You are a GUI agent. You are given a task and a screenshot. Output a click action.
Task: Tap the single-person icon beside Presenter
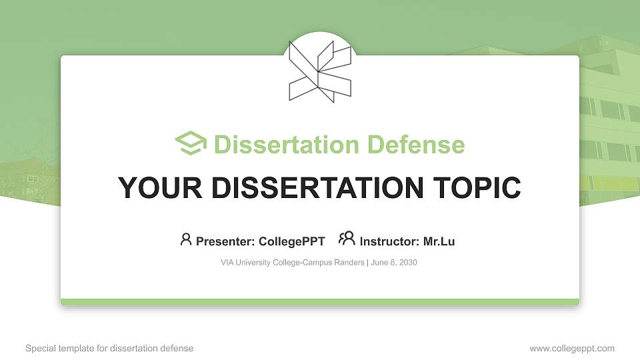pos(186,239)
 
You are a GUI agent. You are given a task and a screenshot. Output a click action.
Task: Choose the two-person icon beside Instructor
pos(347,239)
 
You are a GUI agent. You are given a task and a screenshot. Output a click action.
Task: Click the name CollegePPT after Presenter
pos(293,241)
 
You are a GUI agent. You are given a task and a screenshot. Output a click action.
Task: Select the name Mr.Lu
pos(439,241)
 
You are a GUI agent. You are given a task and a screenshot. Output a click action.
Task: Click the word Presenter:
pos(225,241)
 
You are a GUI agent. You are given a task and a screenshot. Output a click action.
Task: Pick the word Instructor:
pos(389,241)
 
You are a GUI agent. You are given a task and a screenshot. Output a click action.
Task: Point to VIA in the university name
pos(227,263)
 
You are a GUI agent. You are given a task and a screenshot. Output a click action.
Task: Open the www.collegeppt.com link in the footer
pos(572,349)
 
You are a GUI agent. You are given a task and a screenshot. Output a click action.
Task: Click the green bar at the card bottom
pos(320,302)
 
